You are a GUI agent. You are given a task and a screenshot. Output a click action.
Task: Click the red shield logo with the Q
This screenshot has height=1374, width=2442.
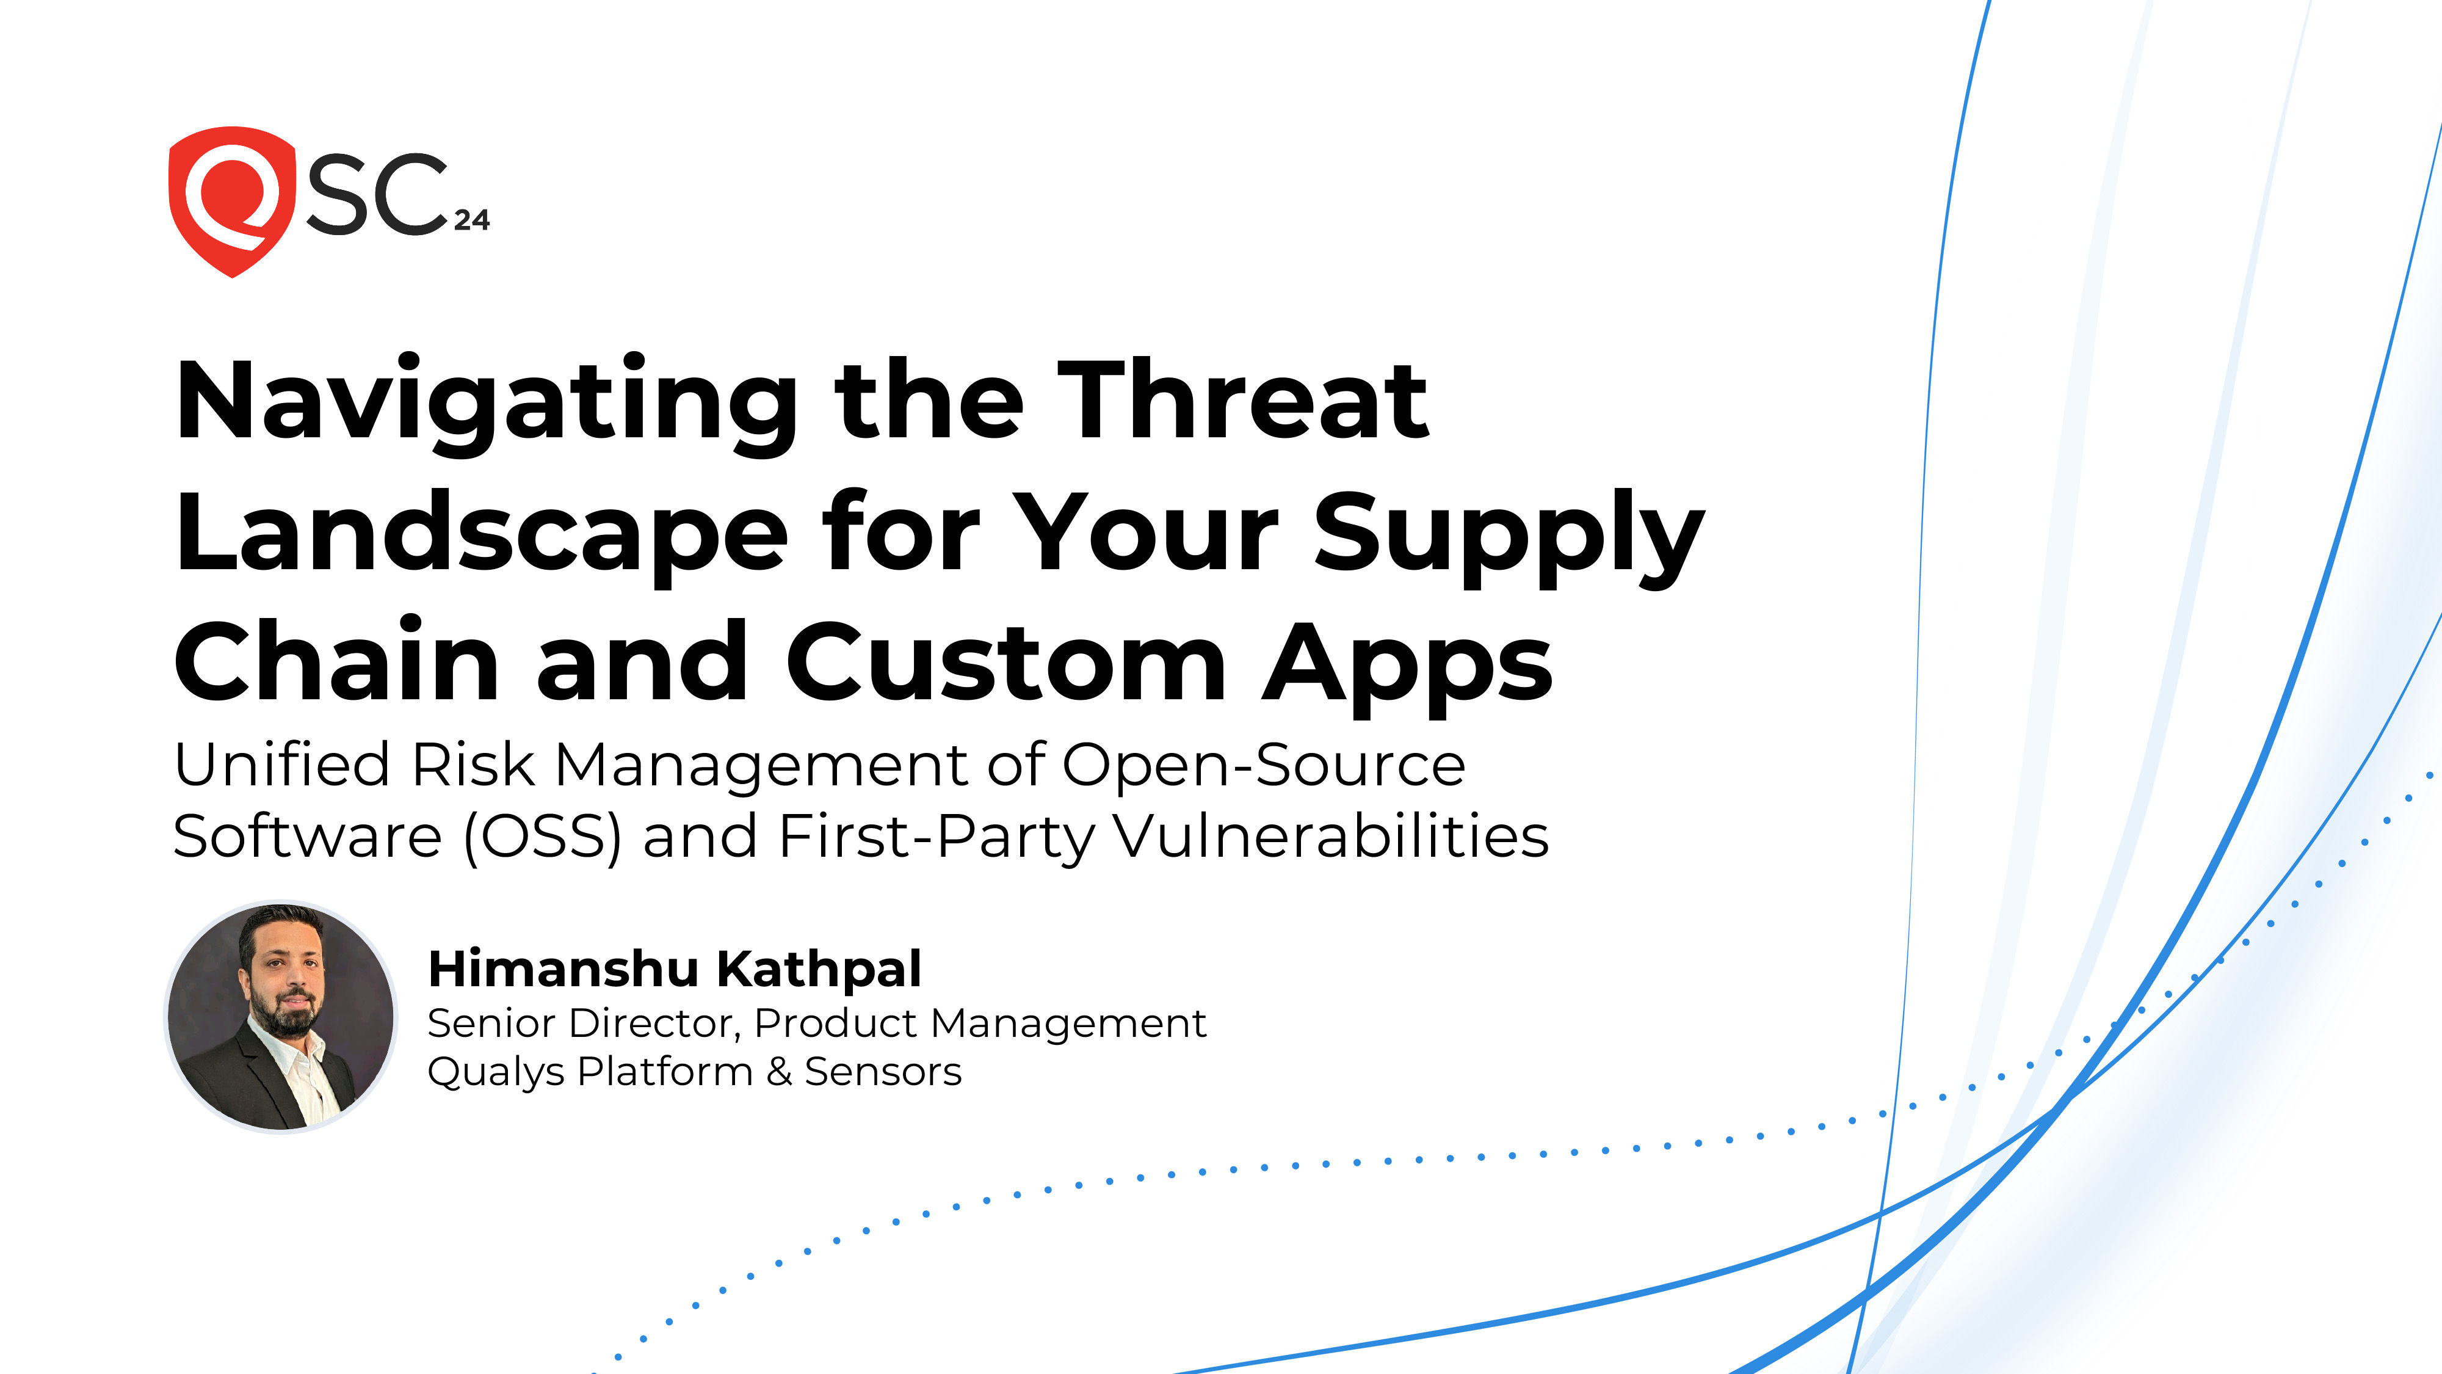[230, 201]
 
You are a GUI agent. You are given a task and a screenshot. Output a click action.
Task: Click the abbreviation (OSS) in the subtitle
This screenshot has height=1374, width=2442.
[542, 837]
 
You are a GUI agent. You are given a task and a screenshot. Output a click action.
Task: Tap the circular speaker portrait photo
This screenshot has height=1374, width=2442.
[281, 1016]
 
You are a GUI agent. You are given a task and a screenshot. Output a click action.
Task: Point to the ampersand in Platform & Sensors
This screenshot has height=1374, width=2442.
[779, 1072]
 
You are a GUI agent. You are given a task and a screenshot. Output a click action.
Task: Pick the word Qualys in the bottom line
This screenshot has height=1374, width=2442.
[496, 1072]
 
